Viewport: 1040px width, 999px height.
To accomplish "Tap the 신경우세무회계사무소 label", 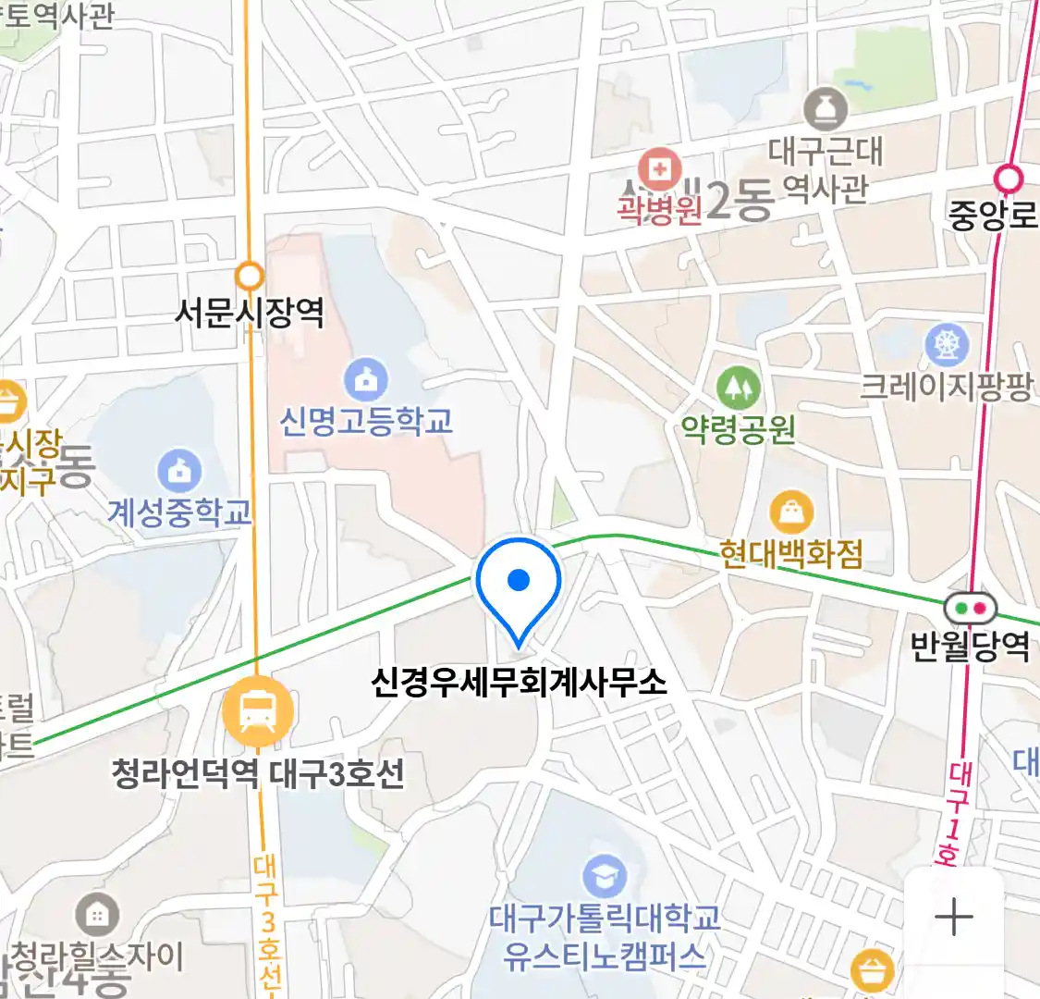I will [519, 683].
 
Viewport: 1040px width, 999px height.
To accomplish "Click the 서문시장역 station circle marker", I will [250, 276].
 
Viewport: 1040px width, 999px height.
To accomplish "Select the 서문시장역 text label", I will [250, 313].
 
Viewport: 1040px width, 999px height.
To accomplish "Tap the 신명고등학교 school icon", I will [366, 380].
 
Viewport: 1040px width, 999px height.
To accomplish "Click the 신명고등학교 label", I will [366, 422].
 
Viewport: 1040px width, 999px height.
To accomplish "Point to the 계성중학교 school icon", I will [179, 471].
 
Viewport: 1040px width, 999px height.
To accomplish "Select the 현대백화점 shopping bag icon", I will [791, 512].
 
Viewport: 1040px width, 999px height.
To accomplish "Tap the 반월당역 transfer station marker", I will [970, 609].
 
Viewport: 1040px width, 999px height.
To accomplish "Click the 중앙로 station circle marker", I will [1009, 178].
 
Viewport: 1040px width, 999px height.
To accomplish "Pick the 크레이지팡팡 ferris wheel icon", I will [947, 345].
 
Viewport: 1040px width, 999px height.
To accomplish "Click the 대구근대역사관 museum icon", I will [825, 109].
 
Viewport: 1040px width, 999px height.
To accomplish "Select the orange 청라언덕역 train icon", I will [257, 711].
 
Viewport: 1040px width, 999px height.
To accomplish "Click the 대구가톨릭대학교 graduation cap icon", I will [605, 876].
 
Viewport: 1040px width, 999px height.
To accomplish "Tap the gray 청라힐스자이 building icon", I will [96, 916].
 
